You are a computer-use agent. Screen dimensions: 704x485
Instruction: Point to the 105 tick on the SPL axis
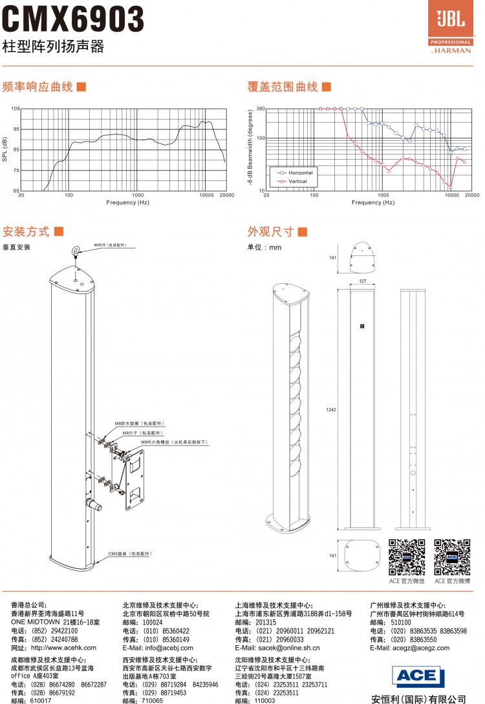click(x=15, y=109)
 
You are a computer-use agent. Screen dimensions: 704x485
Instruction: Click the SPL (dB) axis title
click(x=5, y=150)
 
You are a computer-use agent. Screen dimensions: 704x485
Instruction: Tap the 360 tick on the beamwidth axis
click(x=261, y=109)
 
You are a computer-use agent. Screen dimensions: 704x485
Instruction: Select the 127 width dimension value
click(x=362, y=281)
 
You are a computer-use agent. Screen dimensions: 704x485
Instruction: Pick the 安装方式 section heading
click(x=26, y=231)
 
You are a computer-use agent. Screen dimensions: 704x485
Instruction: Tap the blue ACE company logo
click(x=418, y=676)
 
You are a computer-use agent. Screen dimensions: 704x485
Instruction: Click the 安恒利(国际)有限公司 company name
click(x=419, y=698)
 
